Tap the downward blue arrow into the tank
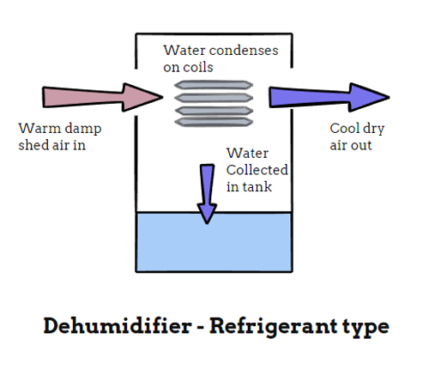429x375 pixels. pos(206,193)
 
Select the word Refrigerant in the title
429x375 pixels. pos(266,327)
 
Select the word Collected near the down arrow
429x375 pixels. pos(257,170)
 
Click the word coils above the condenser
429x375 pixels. pos(200,66)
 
